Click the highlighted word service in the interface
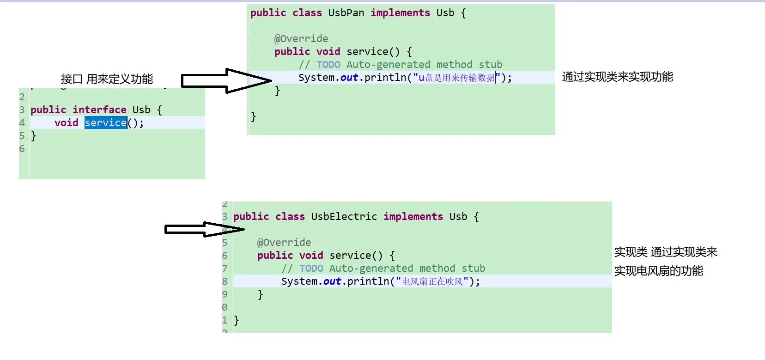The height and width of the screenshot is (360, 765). click(105, 123)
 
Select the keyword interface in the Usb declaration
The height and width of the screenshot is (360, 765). click(99, 110)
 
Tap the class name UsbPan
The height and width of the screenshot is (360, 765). click(346, 13)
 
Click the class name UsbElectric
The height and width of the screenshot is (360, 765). click(344, 217)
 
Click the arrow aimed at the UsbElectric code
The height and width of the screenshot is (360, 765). click(204, 229)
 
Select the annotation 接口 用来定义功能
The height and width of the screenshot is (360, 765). click(107, 79)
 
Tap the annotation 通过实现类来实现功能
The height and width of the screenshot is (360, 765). click(617, 77)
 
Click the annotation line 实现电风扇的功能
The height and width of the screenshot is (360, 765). click(658, 271)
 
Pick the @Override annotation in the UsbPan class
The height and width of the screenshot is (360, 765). click(301, 39)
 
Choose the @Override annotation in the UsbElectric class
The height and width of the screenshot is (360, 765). click(284, 243)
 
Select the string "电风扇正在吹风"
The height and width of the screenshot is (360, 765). click(432, 281)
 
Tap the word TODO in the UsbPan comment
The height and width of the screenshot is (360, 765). click(328, 65)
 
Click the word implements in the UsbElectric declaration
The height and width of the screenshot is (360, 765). click(413, 217)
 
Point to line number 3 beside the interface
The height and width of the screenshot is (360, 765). click(22, 110)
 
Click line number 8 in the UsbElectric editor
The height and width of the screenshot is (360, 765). click(225, 281)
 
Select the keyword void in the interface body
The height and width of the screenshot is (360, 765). click(66, 123)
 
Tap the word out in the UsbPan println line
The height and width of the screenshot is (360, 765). click(349, 78)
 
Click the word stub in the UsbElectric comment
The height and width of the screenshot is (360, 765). click(474, 268)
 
